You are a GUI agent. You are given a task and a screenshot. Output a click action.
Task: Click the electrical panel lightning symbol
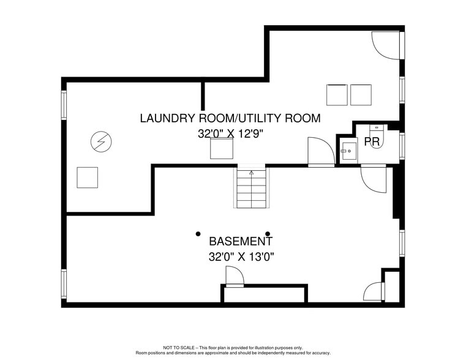pyautogui.click(x=101, y=143)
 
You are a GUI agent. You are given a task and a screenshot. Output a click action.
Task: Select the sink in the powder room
pyautogui.click(x=348, y=151)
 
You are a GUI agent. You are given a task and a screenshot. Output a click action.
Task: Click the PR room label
pyautogui.click(x=372, y=142)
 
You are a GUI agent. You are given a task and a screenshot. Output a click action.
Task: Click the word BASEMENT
pyautogui.click(x=241, y=241)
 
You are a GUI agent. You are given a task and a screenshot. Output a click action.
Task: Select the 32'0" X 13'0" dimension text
pyautogui.click(x=241, y=257)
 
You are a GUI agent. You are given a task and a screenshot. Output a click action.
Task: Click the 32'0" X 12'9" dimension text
pyautogui.click(x=230, y=133)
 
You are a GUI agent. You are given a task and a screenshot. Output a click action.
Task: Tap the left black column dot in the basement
pyautogui.click(x=198, y=233)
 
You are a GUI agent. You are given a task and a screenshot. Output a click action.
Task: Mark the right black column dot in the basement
pyautogui.click(x=268, y=233)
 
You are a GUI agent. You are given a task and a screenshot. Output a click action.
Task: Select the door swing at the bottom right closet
pyautogui.click(x=373, y=291)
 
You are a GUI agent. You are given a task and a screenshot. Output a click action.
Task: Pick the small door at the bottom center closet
pyautogui.click(x=234, y=278)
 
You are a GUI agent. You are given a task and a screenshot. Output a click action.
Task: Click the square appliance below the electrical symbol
pyautogui.click(x=87, y=178)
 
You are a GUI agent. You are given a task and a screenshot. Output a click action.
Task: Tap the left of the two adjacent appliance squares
pyautogui.click(x=337, y=95)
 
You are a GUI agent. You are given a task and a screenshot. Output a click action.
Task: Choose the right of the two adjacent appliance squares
pyautogui.click(x=361, y=95)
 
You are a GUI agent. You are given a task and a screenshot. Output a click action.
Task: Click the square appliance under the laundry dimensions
pyautogui.click(x=222, y=149)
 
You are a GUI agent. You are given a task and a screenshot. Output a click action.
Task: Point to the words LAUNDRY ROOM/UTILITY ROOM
pyautogui.click(x=230, y=118)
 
